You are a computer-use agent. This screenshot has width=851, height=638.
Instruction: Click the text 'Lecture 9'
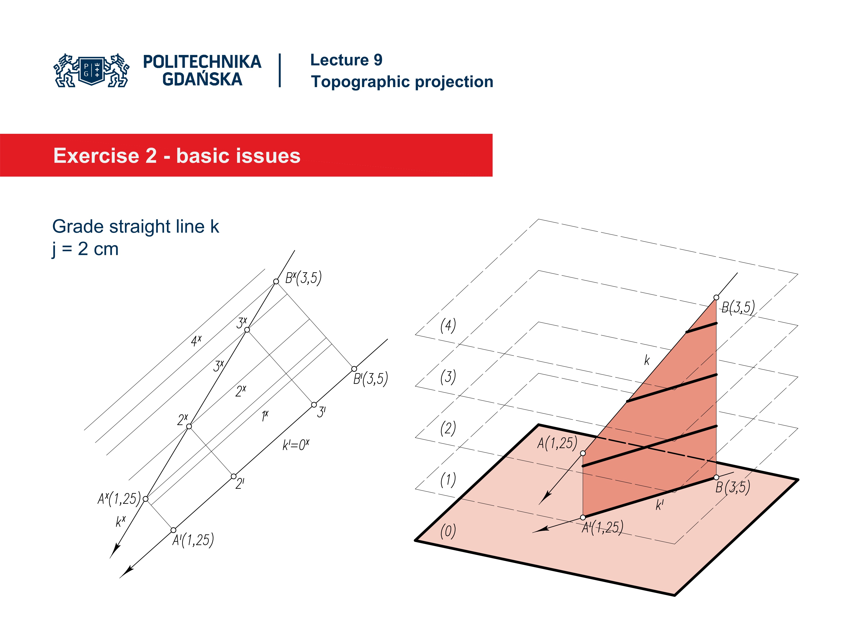pos(346,60)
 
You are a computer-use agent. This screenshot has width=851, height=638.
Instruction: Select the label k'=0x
pos(295,445)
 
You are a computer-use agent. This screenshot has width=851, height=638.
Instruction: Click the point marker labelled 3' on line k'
pos(314,405)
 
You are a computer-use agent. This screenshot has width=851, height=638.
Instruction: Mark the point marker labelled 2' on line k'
pos(234,477)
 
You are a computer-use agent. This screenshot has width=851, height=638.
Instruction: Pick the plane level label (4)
pos(448,325)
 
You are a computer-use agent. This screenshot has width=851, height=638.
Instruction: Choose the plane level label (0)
pos(448,531)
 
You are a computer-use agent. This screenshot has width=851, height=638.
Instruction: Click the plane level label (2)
pos(448,428)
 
